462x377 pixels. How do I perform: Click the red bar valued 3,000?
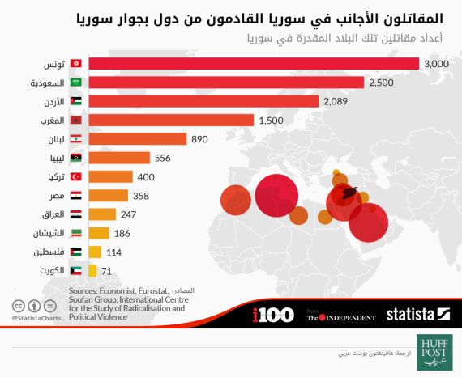coord(253,63)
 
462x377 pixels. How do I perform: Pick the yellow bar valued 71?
coord(92,271)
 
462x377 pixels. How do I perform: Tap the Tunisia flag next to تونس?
coord(75,63)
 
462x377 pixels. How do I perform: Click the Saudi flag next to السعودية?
coord(75,83)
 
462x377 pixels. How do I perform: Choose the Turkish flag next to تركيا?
coord(75,177)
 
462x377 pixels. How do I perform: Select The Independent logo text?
coord(340,316)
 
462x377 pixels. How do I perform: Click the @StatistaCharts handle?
coord(37,319)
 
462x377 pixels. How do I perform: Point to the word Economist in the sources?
coord(119,290)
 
